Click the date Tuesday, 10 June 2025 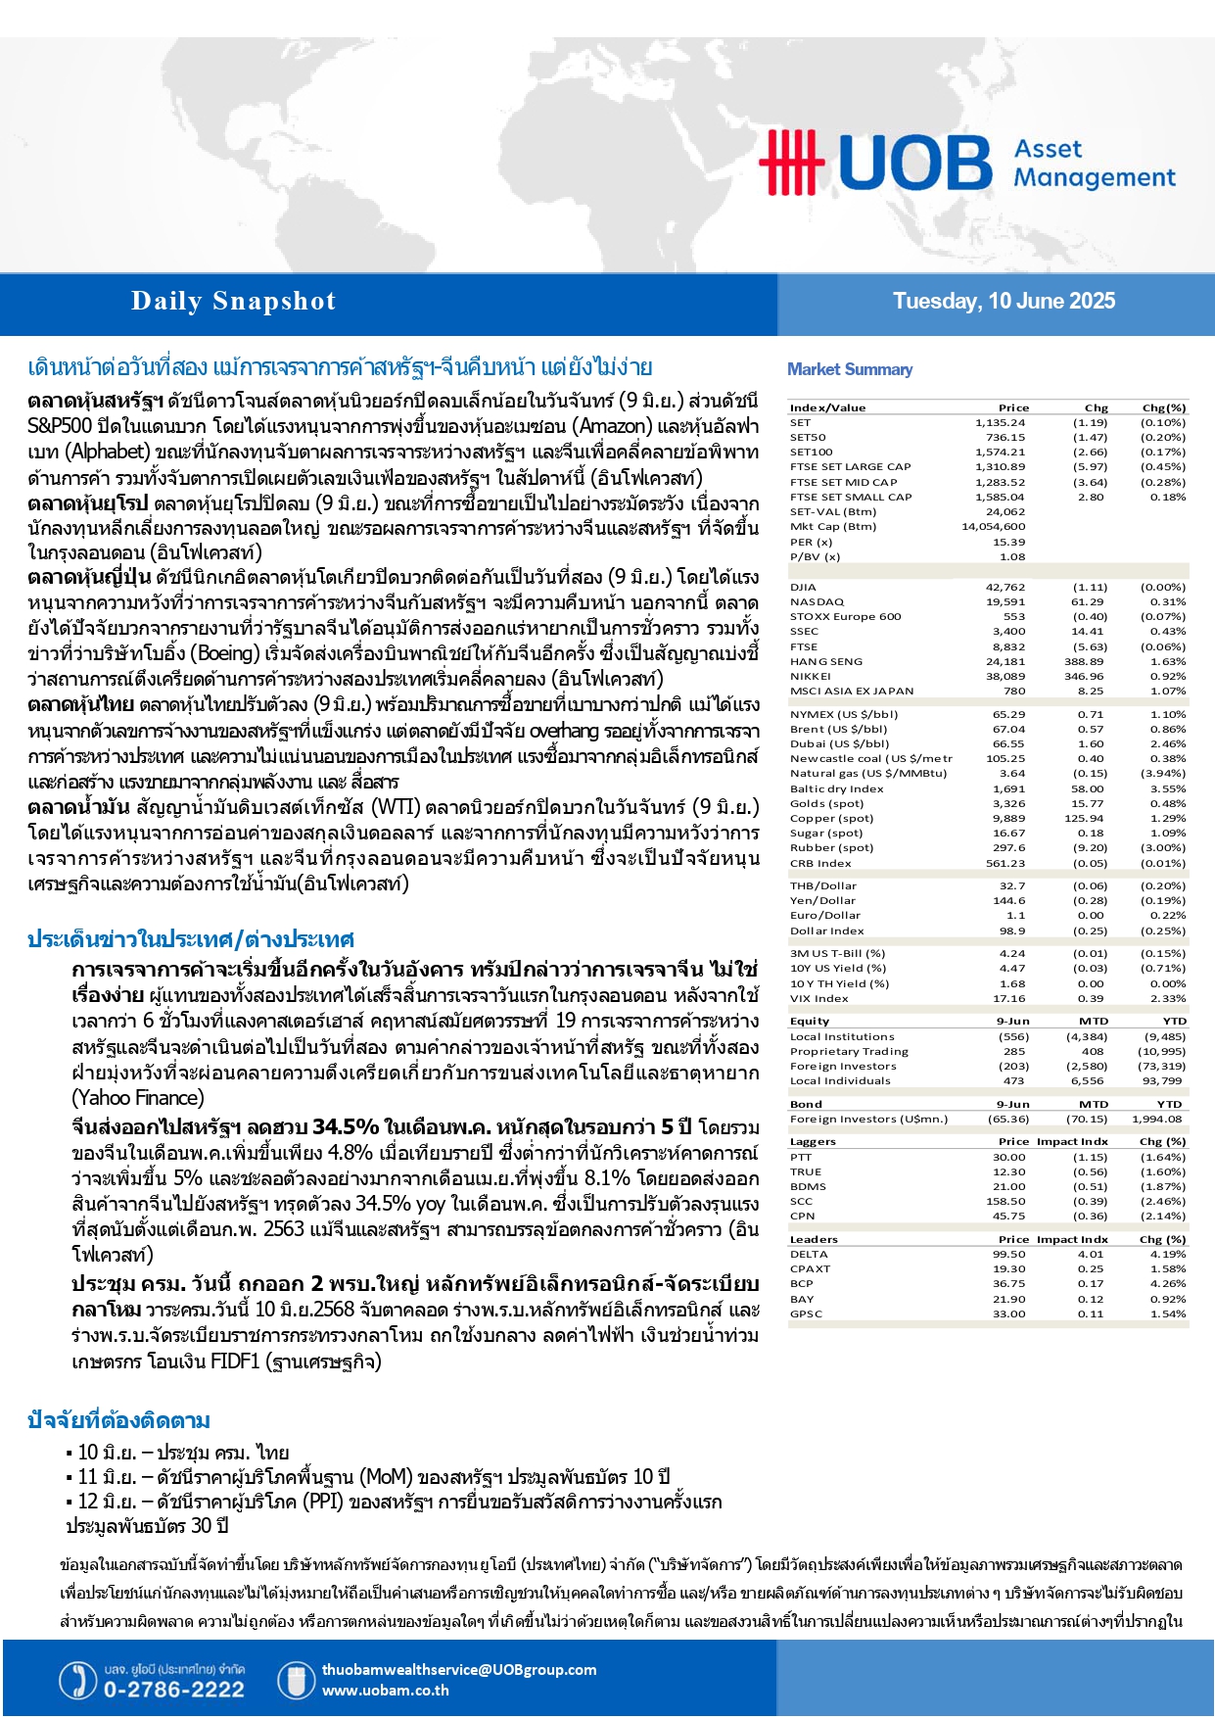tap(1004, 302)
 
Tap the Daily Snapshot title tap(233, 302)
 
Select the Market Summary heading tap(850, 369)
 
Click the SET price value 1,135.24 tap(1000, 423)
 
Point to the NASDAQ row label tap(817, 602)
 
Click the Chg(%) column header tap(1163, 407)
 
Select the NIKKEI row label tap(810, 677)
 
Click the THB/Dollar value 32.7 tap(1012, 886)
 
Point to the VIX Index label tap(819, 999)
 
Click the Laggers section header tap(813, 1142)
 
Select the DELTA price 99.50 tap(1008, 1255)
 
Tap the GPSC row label tap(806, 1314)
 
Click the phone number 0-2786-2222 tap(174, 1690)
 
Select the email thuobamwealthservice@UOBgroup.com tap(458, 1670)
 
